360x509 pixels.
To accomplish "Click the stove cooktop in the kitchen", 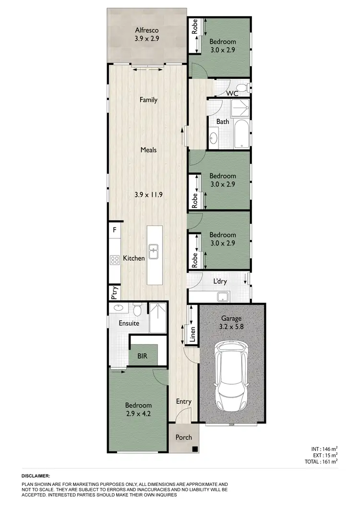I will coord(115,260).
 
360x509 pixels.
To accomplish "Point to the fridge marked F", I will coord(114,230).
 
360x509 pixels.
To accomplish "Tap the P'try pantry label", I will coord(114,293).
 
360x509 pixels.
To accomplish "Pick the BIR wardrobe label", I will coord(142,356).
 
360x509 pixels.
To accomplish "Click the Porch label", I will coord(184,437).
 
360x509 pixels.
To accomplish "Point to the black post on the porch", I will coord(195,449).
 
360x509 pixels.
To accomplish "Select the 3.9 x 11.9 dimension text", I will coord(148,194).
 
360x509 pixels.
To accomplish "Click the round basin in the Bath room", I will coord(214,139).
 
